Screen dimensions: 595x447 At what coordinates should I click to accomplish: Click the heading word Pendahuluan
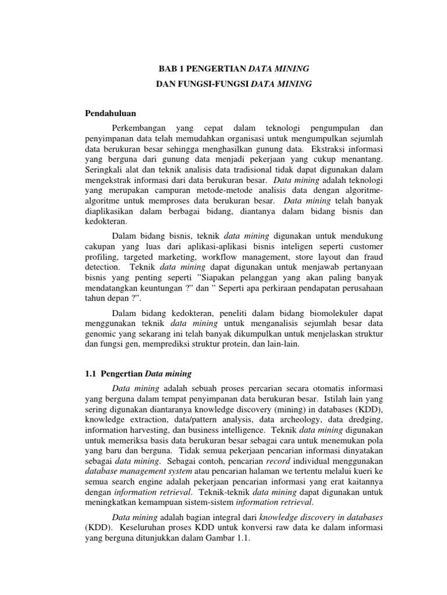point(111,114)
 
